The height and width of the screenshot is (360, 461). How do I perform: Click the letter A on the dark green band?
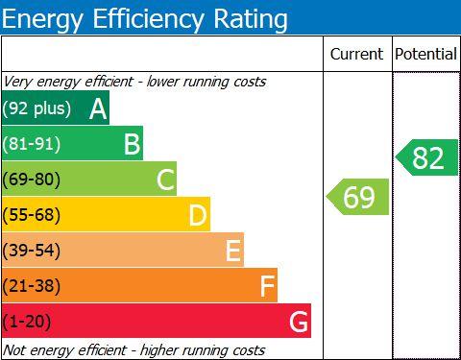(98, 108)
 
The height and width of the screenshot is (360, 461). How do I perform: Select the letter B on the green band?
(132, 144)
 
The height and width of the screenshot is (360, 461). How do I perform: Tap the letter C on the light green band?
(166, 180)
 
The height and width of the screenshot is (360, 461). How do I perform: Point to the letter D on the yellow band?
(198, 215)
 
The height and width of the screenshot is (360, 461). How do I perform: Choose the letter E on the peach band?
(233, 251)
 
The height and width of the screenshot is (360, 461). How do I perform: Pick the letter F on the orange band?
(267, 286)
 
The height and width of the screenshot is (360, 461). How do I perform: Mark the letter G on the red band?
(299, 322)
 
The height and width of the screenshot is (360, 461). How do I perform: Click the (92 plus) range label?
(36, 108)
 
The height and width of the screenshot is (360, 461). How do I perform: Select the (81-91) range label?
(32, 144)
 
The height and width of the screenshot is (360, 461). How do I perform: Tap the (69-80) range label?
(32, 180)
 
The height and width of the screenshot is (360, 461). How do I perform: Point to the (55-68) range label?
(32, 215)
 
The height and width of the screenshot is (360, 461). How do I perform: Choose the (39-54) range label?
(32, 251)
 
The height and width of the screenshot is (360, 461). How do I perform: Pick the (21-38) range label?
(32, 286)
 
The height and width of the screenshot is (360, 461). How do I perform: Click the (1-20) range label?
(27, 322)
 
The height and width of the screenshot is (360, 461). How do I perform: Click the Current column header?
(356, 54)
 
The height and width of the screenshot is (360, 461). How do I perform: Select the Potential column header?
(425, 54)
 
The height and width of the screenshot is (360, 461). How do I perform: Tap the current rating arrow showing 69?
(357, 197)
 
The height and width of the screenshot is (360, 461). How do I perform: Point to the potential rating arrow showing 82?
(427, 157)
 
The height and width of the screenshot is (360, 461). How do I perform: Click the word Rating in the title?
(251, 19)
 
